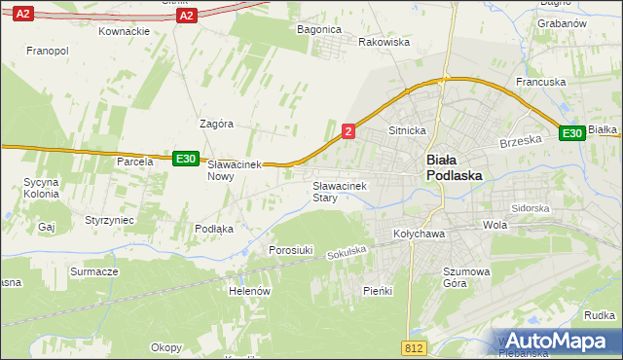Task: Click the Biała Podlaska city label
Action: [x=455, y=167]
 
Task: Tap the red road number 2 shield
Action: [x=348, y=129]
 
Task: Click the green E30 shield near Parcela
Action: [x=186, y=159]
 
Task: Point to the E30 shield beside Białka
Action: [x=572, y=133]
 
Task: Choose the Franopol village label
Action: [x=47, y=50]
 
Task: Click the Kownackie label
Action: [x=124, y=31]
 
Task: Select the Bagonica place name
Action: [x=318, y=29]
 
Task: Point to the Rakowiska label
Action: [x=385, y=43]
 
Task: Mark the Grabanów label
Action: [x=560, y=22]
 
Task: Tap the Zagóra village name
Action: [x=216, y=124]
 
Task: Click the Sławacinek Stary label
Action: [x=337, y=191]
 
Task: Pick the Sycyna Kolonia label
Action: [x=42, y=188]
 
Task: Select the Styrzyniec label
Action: [x=109, y=221]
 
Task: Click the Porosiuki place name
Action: [x=290, y=250]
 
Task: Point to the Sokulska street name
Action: [x=347, y=252]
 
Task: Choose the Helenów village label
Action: [x=249, y=290]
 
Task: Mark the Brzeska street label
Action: [x=520, y=140]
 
